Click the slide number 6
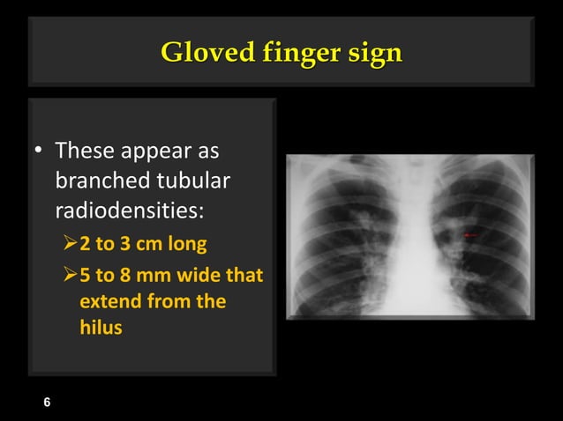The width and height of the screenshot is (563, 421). [x=48, y=403]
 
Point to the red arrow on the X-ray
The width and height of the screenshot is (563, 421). [x=471, y=235]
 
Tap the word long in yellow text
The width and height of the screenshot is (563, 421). [x=191, y=242]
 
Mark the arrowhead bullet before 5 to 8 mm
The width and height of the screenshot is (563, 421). [x=71, y=275]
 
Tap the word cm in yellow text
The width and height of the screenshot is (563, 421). [x=152, y=242]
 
